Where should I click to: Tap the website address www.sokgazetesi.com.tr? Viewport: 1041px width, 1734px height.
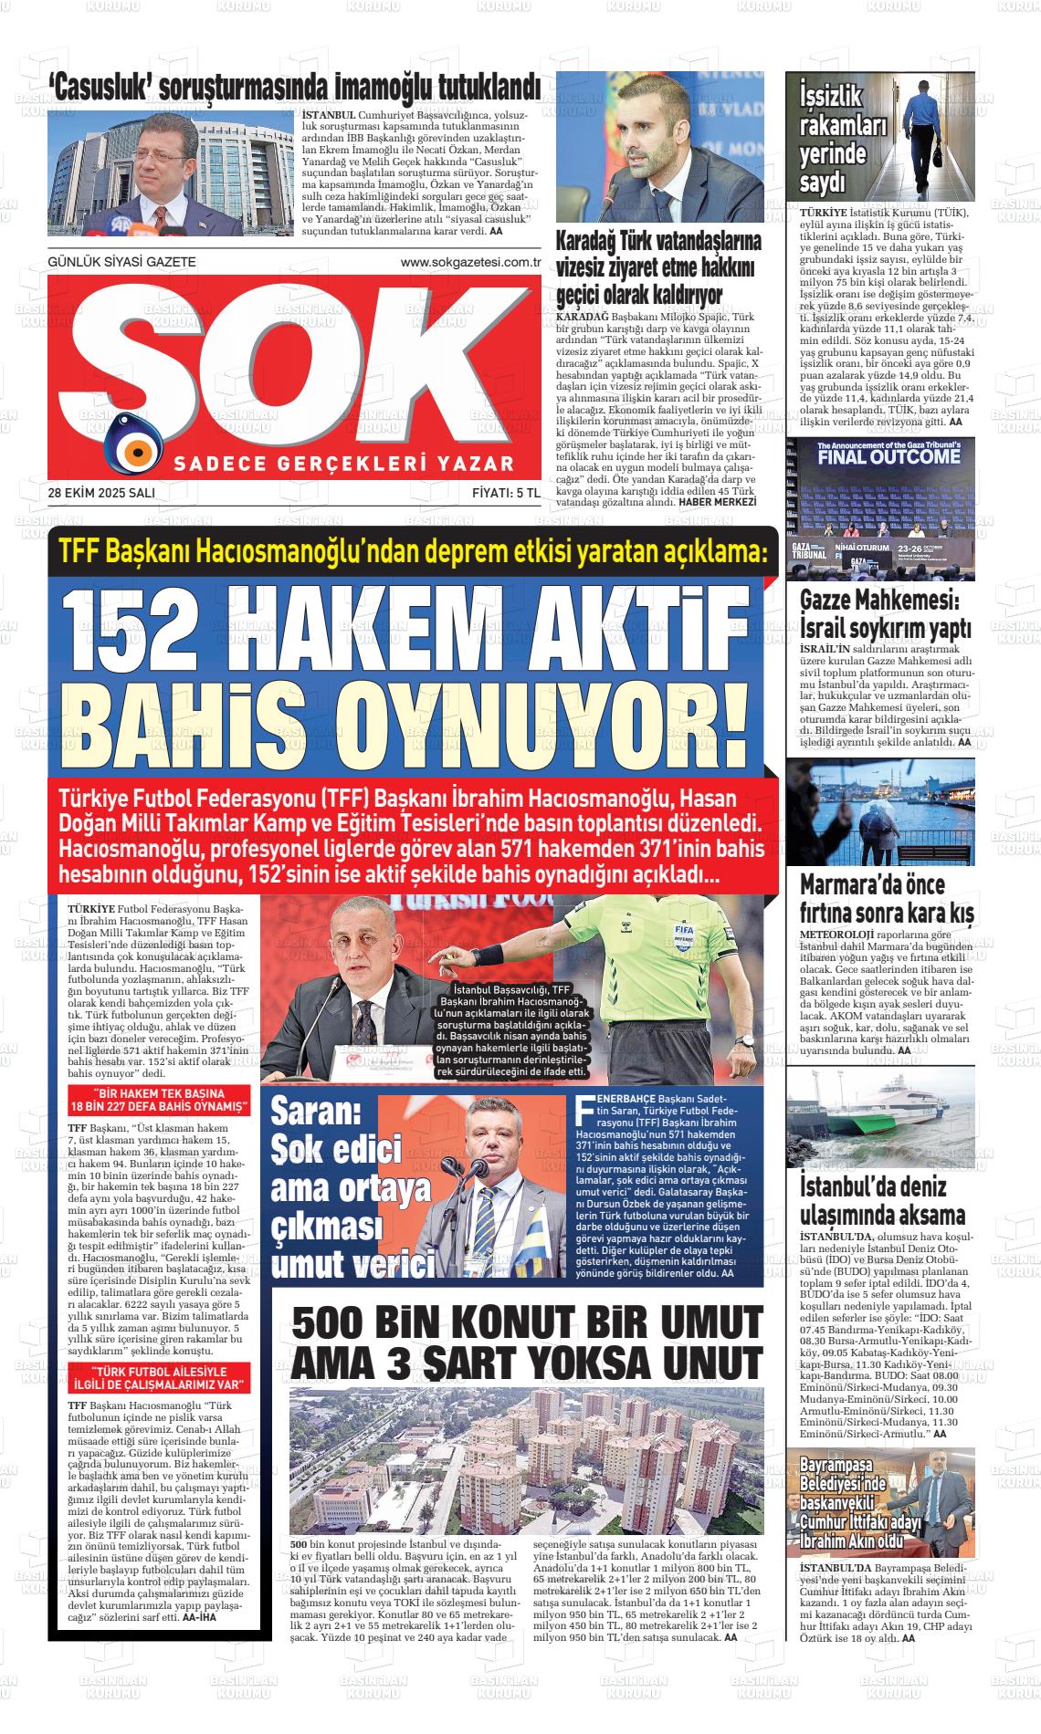pyautogui.click(x=471, y=262)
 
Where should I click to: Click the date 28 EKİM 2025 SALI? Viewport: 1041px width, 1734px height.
pyautogui.click(x=101, y=493)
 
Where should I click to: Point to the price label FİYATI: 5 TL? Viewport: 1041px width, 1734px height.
pyautogui.click(x=507, y=493)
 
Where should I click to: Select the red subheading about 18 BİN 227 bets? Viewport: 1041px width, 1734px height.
pyautogui.click(x=160, y=1100)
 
